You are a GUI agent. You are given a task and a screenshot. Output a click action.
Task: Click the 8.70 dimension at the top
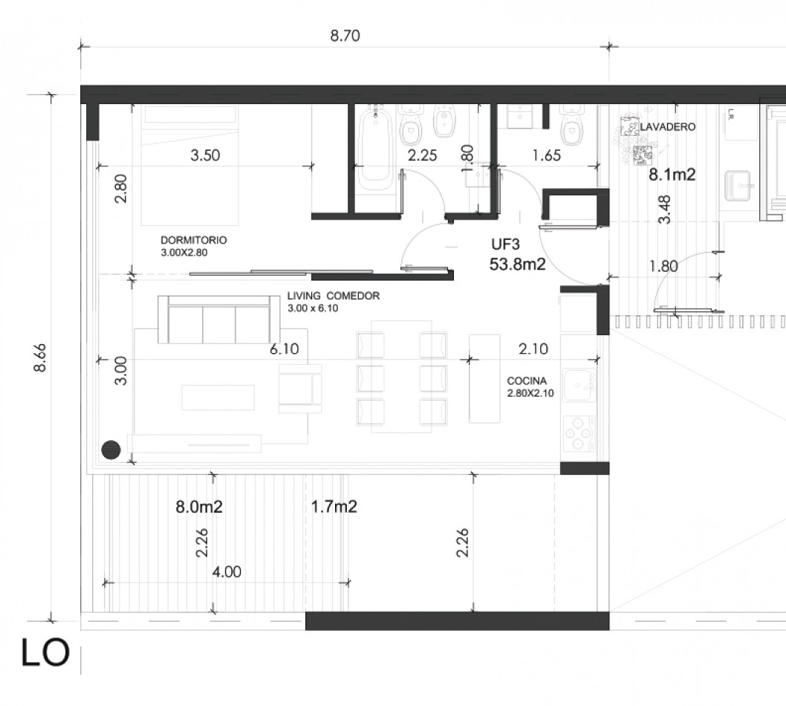pyautogui.click(x=345, y=36)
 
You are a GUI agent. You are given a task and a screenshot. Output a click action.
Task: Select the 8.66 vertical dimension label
pyautogui.click(x=40, y=357)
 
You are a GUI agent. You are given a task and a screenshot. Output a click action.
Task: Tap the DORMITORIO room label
pyautogui.click(x=193, y=240)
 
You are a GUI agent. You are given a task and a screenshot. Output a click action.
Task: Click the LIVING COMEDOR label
pyautogui.click(x=334, y=296)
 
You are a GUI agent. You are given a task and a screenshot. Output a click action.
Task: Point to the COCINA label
pyautogui.click(x=526, y=381)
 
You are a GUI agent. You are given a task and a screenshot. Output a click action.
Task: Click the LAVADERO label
pyautogui.click(x=668, y=127)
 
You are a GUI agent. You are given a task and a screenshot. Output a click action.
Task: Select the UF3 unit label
pyautogui.click(x=505, y=244)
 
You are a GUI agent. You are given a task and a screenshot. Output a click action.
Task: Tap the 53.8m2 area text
pyautogui.click(x=517, y=264)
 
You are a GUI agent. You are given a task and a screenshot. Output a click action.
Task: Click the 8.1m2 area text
pyautogui.click(x=672, y=175)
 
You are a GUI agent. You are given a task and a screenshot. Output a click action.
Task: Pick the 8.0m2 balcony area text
pyautogui.click(x=199, y=507)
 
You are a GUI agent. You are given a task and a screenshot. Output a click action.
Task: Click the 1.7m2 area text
pyautogui.click(x=334, y=506)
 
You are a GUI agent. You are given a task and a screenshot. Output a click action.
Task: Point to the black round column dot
pyautogui.click(x=111, y=450)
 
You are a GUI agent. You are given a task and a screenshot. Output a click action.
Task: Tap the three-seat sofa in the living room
pyautogui.click(x=219, y=320)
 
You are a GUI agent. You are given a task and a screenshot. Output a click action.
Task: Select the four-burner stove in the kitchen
pyautogui.click(x=579, y=434)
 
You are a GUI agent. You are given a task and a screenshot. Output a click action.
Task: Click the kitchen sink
pyautogui.click(x=579, y=385)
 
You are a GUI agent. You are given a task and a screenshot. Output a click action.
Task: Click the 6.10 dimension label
pyautogui.click(x=285, y=349)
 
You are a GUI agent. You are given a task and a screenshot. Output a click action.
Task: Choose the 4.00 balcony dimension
pyautogui.click(x=227, y=571)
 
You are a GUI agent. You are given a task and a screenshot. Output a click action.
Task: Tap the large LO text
pyautogui.click(x=45, y=652)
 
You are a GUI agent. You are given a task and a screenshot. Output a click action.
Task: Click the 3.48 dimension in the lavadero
pyautogui.click(x=664, y=210)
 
